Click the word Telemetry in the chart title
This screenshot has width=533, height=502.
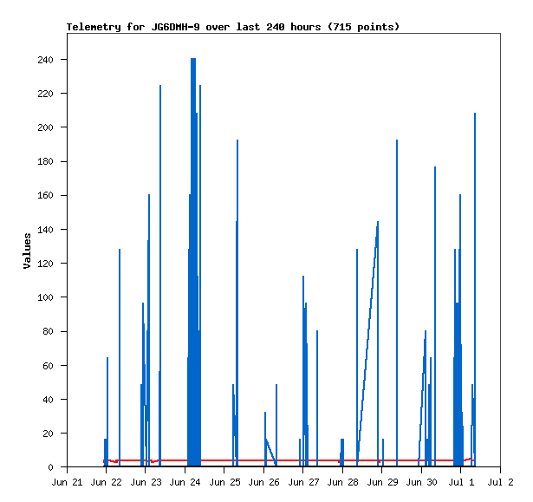click(94, 27)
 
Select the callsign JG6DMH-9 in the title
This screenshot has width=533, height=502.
click(175, 27)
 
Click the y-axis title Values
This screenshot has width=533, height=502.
click(27, 251)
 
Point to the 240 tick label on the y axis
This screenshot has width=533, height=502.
click(46, 60)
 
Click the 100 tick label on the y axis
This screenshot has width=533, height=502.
click(46, 297)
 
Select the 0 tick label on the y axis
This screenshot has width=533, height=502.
click(50, 467)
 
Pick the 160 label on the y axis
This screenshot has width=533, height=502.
click(46, 196)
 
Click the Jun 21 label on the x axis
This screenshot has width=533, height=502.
click(67, 482)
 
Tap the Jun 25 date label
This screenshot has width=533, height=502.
click(224, 482)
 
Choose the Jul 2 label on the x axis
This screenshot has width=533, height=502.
click(500, 482)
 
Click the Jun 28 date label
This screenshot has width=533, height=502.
click(342, 482)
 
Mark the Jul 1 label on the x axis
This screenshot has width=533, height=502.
click(461, 482)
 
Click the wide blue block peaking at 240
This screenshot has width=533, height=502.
click(193, 262)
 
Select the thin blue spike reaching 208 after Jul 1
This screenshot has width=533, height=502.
click(475, 289)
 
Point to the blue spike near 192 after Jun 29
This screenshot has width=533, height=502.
click(397, 303)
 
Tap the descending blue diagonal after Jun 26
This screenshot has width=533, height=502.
click(271, 452)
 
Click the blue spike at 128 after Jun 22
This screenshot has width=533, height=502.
click(120, 357)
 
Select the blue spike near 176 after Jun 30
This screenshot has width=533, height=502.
click(435, 316)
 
